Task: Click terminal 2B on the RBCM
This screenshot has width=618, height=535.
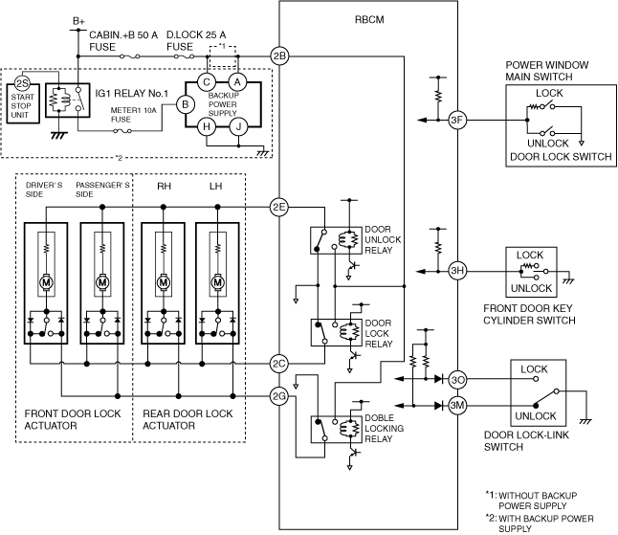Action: click(x=279, y=56)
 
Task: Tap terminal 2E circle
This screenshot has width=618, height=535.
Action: click(x=279, y=207)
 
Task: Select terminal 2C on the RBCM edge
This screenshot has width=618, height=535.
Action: click(x=279, y=364)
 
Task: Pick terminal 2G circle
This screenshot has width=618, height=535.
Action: click(x=279, y=396)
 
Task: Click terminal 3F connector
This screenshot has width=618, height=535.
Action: click(x=457, y=120)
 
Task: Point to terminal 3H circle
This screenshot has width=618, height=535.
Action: click(x=457, y=271)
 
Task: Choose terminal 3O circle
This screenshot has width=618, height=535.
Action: click(x=457, y=380)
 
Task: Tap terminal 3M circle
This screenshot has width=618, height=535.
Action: click(x=457, y=405)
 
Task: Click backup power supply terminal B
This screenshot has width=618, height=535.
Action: click(x=186, y=104)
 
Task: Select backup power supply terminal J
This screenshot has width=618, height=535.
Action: click(x=238, y=127)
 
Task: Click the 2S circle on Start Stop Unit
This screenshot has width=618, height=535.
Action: click(x=22, y=83)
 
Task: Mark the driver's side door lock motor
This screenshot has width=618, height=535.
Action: click(x=46, y=282)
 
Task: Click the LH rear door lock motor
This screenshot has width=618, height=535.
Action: click(x=217, y=282)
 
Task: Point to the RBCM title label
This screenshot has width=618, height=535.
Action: click(x=369, y=20)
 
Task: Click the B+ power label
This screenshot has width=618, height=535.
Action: click(x=78, y=21)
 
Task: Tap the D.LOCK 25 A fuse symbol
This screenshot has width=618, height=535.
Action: click(x=184, y=56)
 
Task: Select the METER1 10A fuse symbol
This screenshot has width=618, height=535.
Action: click(x=122, y=131)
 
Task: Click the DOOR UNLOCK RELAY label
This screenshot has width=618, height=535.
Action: click(x=383, y=239)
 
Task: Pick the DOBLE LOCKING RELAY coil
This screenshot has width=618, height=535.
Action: click(x=349, y=428)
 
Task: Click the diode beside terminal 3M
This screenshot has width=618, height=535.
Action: click(x=439, y=405)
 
